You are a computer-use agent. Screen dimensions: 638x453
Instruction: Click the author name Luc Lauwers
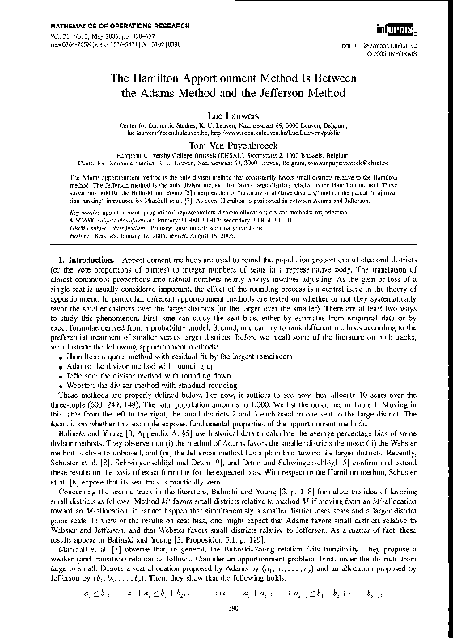pos(226,117)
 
